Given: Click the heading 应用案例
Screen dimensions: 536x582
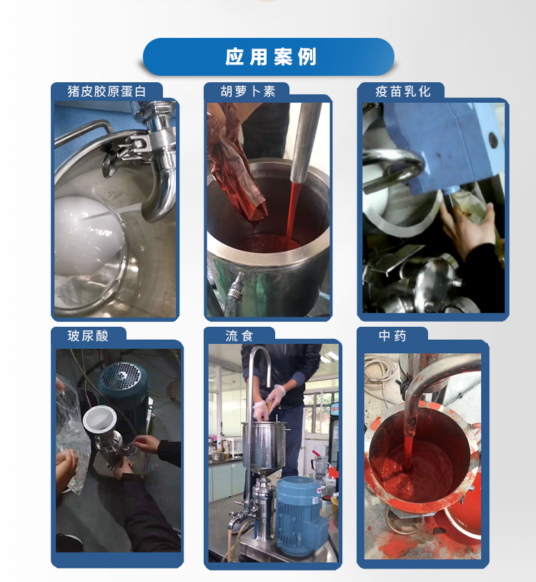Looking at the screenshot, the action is [271, 56].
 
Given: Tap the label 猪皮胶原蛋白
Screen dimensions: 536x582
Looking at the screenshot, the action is [106, 92].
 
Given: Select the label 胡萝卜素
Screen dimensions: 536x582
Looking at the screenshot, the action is [248, 92].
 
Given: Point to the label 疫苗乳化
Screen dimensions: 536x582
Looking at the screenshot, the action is [403, 92].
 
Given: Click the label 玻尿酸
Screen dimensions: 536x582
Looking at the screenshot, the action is [88, 336].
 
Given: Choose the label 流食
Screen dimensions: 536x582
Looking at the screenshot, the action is [239, 336].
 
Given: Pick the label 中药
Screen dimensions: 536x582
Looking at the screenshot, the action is [392, 336].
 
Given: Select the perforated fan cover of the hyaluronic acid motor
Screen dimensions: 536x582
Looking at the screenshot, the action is [121, 376].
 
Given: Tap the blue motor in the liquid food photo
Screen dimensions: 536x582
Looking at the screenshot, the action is [300, 516].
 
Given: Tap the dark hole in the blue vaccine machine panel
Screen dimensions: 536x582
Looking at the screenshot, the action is [493, 140].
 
